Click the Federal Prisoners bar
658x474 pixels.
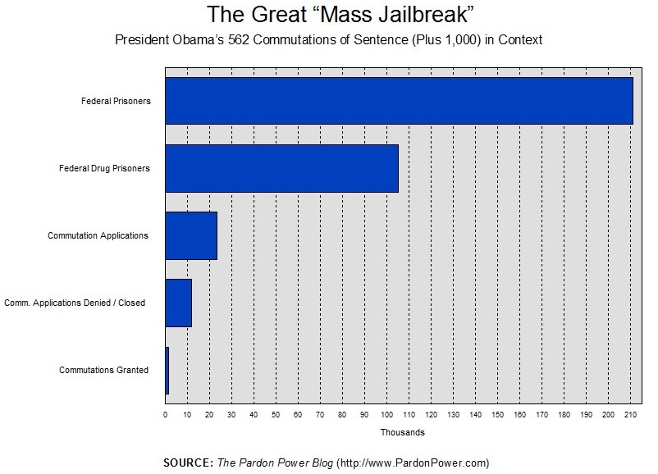point(399,101)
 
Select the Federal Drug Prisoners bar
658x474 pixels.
point(281,168)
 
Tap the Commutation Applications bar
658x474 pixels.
point(191,235)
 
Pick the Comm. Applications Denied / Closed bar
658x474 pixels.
point(178,303)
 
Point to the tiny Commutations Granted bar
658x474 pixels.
point(167,370)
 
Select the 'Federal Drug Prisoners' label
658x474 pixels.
point(104,168)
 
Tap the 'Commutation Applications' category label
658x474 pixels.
point(98,235)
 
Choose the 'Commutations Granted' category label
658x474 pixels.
point(104,370)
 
